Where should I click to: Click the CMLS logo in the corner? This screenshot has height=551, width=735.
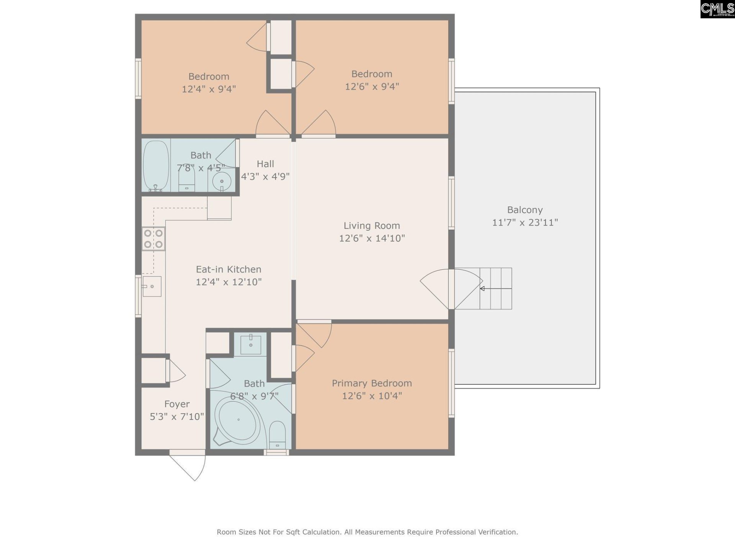tap(717, 9)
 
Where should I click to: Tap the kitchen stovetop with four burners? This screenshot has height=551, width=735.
tap(153, 239)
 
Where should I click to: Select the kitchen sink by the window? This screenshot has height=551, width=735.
tap(152, 286)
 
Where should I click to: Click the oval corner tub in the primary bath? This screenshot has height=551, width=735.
tap(238, 420)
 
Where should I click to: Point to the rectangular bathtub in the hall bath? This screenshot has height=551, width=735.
tap(156, 166)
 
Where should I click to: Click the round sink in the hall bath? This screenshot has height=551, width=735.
tap(222, 181)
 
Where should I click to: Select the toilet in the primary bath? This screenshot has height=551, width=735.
tap(277, 435)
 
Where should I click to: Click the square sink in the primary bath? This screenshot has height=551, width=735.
tap(251, 345)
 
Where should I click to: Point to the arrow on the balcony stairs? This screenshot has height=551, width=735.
tap(483, 289)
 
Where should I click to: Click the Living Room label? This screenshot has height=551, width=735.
tap(371, 226)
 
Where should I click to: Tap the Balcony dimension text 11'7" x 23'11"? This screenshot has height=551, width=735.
tap(524, 222)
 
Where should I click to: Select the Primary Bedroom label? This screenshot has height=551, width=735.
tap(371, 383)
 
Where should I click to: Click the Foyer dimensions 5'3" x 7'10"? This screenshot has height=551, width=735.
tap(176, 416)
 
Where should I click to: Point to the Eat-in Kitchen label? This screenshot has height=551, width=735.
tap(229, 269)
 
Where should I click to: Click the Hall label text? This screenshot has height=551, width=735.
tap(265, 164)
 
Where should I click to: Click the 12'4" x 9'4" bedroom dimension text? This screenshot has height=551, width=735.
tap(209, 89)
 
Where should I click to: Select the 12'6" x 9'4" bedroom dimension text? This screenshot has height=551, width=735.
tap(371, 86)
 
